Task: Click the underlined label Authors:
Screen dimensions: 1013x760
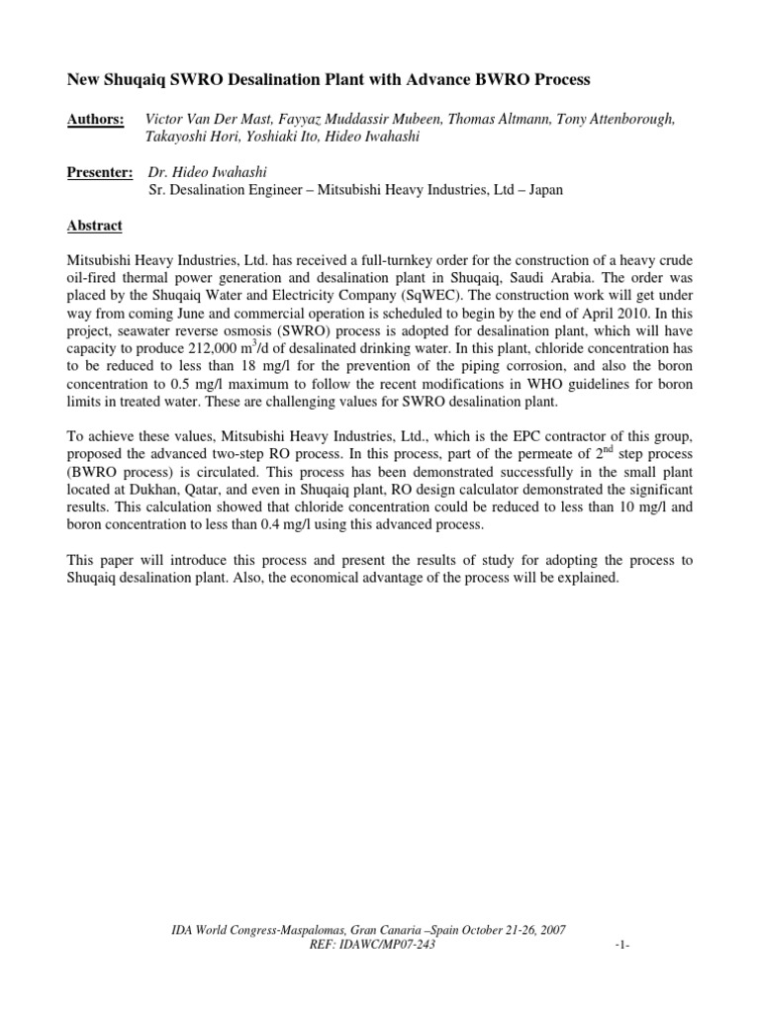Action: (x=95, y=119)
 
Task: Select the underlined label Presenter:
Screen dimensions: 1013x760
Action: (x=100, y=173)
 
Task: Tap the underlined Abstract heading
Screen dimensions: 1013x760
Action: (x=94, y=227)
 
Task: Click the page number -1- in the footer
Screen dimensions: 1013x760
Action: (x=622, y=946)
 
